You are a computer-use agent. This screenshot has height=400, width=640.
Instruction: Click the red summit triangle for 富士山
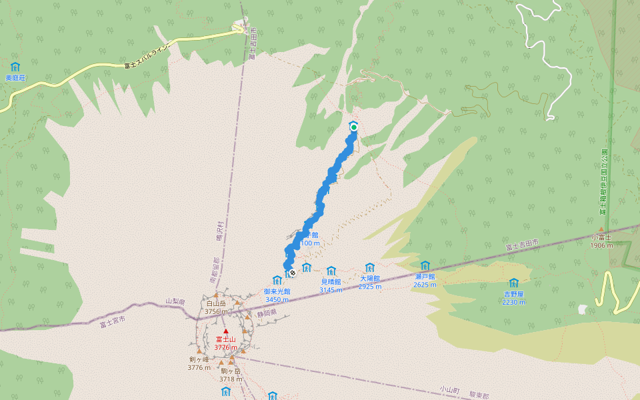pos(225,331)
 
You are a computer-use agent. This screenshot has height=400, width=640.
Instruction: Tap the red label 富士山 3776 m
pos(225,343)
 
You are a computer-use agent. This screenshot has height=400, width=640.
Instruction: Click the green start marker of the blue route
pos(354,127)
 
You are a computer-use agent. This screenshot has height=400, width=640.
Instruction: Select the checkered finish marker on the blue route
pos(292,273)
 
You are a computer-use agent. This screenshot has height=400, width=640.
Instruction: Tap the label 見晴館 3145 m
pos(330,286)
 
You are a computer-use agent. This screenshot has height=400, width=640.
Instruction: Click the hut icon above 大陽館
pos(370,267)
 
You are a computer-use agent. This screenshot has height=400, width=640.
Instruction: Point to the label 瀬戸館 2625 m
pos(425,280)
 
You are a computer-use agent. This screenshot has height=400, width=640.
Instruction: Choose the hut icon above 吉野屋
pos(513,283)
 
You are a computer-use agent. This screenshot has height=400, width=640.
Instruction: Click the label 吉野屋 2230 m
pos(513,297)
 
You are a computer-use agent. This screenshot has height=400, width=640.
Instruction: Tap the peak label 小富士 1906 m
pos(601,241)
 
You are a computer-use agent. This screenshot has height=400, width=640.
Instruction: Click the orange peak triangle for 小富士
pos(601,229)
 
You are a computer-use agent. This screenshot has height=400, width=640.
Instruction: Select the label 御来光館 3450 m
pos(277,295)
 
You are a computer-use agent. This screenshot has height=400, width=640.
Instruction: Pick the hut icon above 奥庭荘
pos(15,67)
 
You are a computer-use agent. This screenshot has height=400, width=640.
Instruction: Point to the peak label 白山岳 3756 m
pos(217,307)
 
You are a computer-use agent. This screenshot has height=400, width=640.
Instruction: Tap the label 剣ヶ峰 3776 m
pos(199,363)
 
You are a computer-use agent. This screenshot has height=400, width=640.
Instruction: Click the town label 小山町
pos(451,388)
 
